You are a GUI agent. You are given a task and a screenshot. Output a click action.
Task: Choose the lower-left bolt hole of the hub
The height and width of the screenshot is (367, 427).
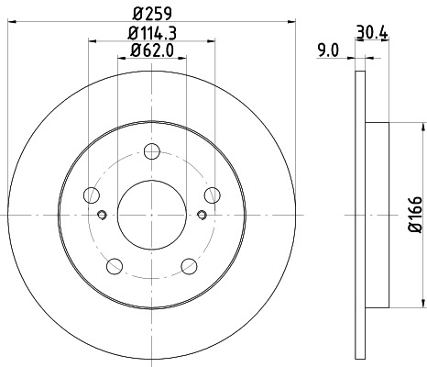pyautogui.click(x=115, y=265)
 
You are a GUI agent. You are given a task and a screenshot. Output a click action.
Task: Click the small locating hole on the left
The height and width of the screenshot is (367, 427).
pyautogui.click(x=102, y=216)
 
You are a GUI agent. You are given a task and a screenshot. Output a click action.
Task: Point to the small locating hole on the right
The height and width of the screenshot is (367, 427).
pyautogui.click(x=202, y=216)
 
